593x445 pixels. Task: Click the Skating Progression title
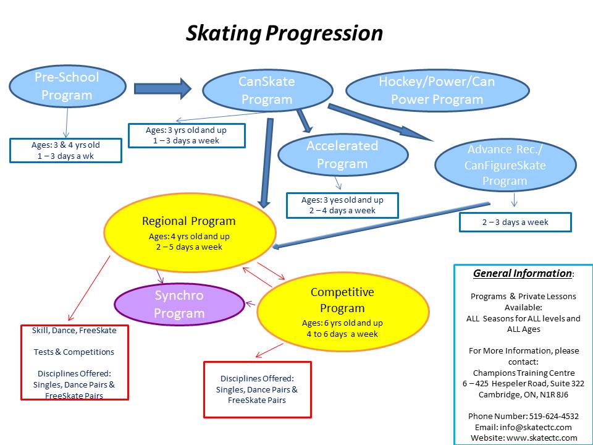pos(284,33)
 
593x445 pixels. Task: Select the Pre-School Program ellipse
pos(67,87)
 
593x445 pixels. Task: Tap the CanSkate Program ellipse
pos(267,90)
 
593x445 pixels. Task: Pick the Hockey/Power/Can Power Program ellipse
pos(437,90)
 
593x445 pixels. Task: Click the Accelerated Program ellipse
pos(343,155)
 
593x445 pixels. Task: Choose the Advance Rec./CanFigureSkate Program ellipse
pos(505,165)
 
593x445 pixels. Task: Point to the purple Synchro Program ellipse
pos(179,304)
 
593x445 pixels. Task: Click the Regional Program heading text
pos(189,221)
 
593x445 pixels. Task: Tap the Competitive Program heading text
pos(342,300)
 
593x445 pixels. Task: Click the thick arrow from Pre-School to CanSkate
pos(162,88)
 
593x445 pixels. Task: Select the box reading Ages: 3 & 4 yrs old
pos(65,150)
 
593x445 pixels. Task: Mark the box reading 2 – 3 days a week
pos(515,222)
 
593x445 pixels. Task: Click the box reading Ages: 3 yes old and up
pos(342,205)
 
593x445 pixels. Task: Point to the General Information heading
pos(523,273)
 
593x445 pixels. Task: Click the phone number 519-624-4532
pos(554,416)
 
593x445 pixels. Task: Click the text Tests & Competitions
pos(74,352)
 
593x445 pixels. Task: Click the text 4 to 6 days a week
pos(342,334)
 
